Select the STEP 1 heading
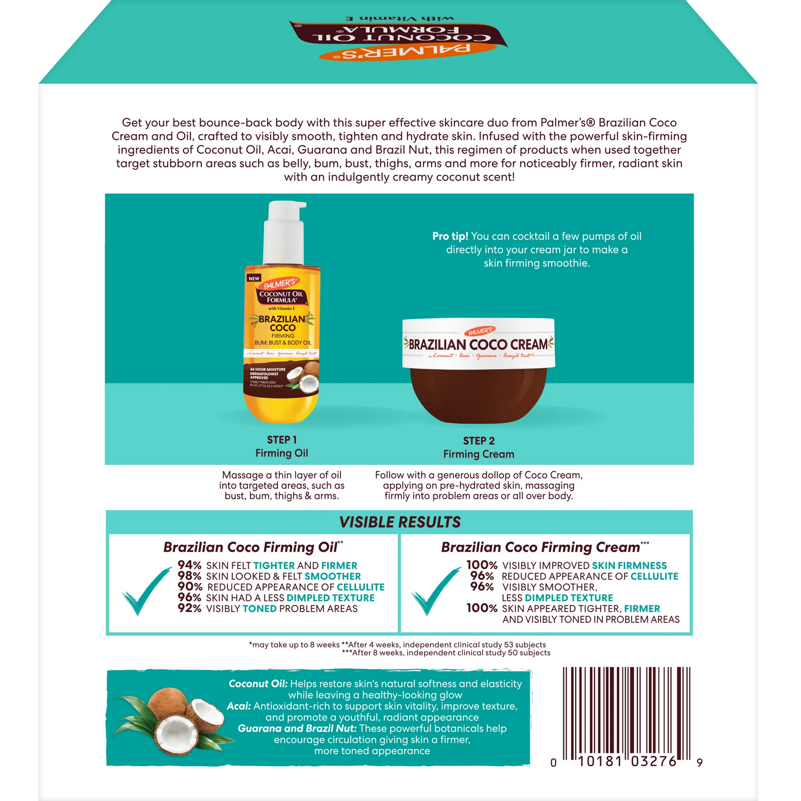pyautogui.click(x=282, y=440)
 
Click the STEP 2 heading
pyautogui.click(x=478, y=441)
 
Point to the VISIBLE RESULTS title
pyautogui.click(x=399, y=522)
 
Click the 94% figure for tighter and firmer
pyautogui.click(x=190, y=565)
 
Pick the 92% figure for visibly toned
pyautogui.click(x=190, y=608)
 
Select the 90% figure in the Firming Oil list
pyautogui.click(x=190, y=586)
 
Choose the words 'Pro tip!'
pyautogui.click(x=450, y=237)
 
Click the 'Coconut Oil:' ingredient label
pyautogui.click(x=258, y=684)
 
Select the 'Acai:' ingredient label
pyautogui.click(x=239, y=706)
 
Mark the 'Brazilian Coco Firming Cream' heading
pyautogui.click(x=540, y=547)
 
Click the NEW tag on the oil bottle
pyautogui.click(x=254, y=278)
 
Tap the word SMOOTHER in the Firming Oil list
pyautogui.click(x=332, y=576)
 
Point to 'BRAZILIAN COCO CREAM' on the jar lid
pyautogui.click(x=478, y=344)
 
